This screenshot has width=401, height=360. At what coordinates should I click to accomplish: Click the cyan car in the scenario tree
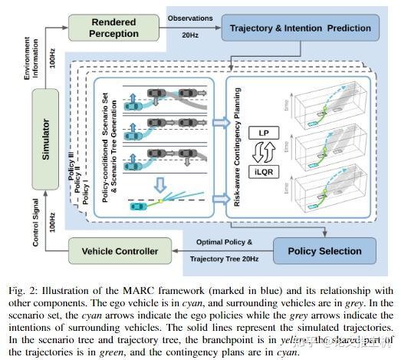coord(140,206)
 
